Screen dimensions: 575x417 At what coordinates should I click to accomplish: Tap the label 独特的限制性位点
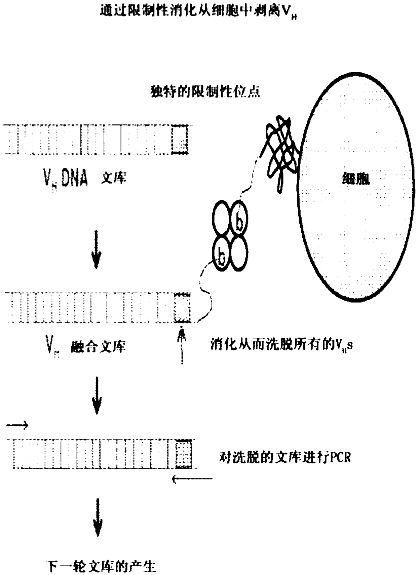point(205,91)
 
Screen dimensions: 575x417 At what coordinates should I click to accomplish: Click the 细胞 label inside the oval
point(356,179)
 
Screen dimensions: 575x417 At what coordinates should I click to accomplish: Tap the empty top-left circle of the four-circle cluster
point(222,219)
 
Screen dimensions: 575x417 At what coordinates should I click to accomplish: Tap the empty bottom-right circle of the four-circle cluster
point(239,254)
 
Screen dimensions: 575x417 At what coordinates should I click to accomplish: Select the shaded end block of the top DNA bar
point(180,140)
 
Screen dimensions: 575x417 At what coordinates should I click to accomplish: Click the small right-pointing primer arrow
point(17,426)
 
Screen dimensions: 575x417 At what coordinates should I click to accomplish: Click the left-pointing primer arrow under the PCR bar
point(192,478)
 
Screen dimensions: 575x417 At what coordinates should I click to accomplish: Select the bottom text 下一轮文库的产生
point(101,566)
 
